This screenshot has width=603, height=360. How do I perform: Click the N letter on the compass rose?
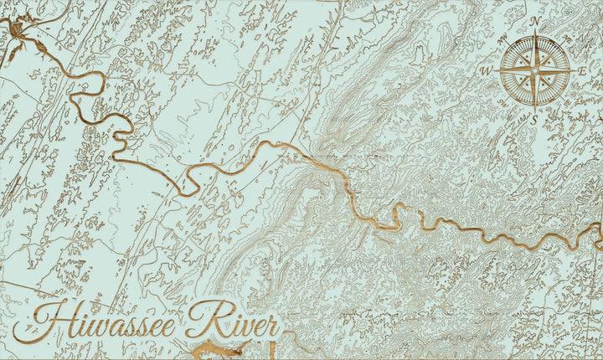point(534,20)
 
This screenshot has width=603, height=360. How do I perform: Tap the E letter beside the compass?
point(582,71)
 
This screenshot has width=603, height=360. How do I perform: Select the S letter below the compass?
point(534,119)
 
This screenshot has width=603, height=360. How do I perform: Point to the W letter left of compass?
point(486,71)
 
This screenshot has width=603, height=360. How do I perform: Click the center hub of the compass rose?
point(534,70)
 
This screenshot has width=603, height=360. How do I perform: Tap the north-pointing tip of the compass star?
point(534,30)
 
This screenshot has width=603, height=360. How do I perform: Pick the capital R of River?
point(202,317)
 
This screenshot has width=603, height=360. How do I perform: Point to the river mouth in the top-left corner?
point(18,33)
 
